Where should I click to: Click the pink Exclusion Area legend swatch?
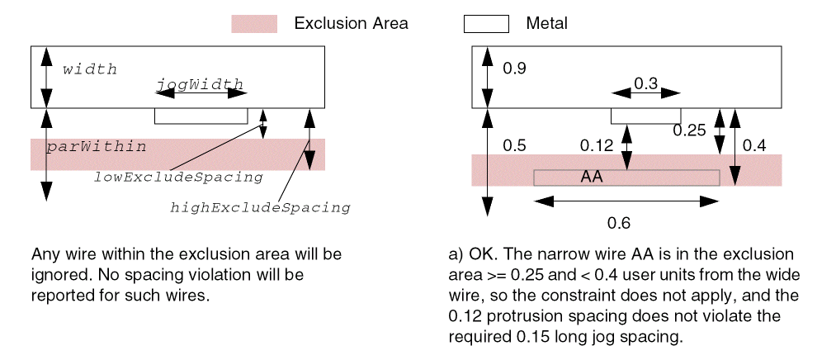253,24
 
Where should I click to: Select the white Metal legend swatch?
485,24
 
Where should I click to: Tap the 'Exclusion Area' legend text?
351,24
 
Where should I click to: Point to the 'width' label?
90,69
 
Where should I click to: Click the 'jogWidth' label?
200,83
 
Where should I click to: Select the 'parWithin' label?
96,147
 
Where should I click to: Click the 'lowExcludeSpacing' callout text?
177,177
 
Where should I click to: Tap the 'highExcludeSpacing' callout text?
260,207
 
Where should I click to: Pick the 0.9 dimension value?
514,69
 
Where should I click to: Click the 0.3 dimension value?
645,83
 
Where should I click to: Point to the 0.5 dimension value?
514,146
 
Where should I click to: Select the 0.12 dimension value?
597,146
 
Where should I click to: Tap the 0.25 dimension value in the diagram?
689,130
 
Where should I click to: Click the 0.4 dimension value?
754,146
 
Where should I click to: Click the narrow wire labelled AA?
626,178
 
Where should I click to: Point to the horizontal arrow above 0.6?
626,201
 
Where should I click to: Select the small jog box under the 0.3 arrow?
645,115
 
